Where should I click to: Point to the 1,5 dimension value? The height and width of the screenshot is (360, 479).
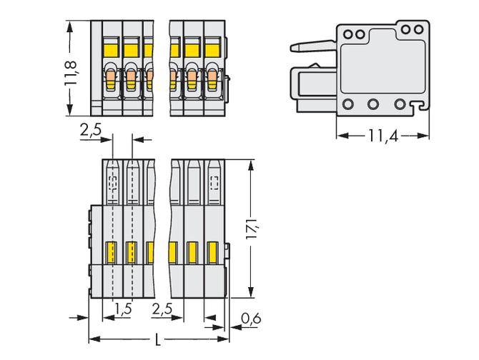click(122, 309)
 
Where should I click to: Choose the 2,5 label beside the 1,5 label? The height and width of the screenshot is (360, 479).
click(163, 309)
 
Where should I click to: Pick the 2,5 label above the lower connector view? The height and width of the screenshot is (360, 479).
click(91, 131)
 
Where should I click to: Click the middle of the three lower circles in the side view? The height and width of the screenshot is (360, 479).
click(373, 104)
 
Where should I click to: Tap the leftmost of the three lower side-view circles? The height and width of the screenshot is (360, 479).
click(348, 104)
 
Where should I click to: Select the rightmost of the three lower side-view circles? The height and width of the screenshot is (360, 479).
click(399, 104)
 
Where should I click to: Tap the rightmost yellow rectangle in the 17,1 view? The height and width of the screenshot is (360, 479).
click(212, 251)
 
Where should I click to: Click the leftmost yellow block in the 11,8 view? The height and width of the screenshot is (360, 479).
click(111, 49)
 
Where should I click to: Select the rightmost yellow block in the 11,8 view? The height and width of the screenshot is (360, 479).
click(212, 49)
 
